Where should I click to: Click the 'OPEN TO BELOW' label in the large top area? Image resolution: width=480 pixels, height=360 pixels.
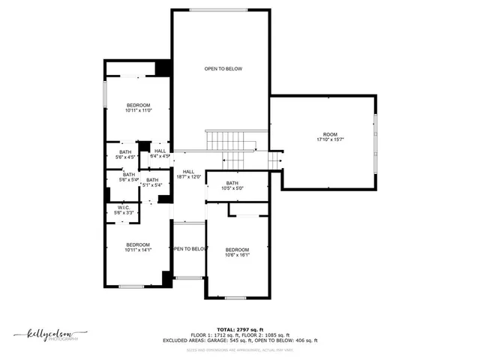click(223, 69)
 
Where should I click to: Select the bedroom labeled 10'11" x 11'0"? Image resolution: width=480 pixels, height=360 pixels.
click(138, 107)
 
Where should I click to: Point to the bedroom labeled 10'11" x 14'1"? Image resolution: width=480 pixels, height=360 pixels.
click(138, 247)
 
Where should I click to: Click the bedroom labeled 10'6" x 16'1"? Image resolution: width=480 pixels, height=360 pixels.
click(237, 252)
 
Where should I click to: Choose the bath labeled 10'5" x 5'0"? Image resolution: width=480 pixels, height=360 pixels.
click(232, 185)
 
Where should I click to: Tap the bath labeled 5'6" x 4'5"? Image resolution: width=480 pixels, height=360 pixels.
click(124, 154)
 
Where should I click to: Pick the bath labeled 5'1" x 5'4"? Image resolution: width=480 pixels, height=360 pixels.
click(152, 182)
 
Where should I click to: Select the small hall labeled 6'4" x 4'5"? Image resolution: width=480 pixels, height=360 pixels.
click(160, 154)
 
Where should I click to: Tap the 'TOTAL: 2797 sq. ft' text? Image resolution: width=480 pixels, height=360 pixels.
click(240, 329)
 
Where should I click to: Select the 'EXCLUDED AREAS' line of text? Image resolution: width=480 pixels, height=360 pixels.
click(240, 340)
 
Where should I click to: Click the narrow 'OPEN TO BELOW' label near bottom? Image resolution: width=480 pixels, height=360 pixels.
click(189, 249)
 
